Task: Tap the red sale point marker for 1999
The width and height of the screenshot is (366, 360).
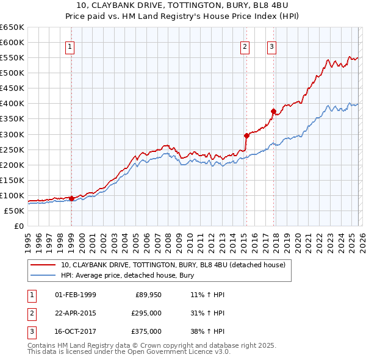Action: (x=71, y=198)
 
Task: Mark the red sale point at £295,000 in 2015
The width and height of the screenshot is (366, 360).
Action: (x=246, y=135)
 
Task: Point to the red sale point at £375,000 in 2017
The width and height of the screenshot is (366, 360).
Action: (x=273, y=111)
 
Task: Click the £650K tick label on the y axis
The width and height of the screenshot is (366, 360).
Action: (x=12, y=27)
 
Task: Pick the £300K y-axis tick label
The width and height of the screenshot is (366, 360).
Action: (x=12, y=134)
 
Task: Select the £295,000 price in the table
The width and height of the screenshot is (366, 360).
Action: (x=146, y=313)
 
